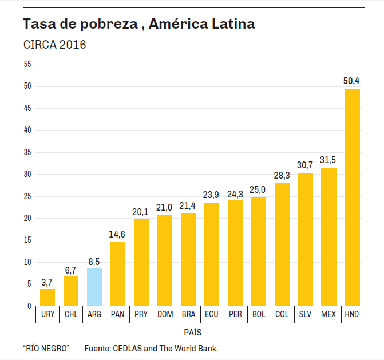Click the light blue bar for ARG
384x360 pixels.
coord(94,287)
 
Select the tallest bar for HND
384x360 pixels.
coord(352,197)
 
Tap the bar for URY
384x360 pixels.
coord(47,298)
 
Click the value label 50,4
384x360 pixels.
coord(351,81)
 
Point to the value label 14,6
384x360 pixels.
coord(118,235)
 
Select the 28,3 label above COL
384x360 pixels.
coord(282,175)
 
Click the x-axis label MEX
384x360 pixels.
coord(328,314)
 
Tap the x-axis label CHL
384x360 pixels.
coord(71,314)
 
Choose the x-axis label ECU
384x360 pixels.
coord(211,314)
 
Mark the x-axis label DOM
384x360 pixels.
coord(165,314)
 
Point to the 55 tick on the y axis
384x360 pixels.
coord(27,64)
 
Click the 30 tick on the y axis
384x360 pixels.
coord(27,174)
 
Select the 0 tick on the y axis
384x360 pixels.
coord(29,306)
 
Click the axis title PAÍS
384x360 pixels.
coord(192,332)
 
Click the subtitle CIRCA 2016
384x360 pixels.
coord(54,45)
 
